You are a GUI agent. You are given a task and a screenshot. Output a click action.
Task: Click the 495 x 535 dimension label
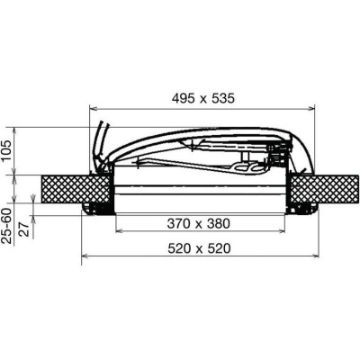click(203, 98)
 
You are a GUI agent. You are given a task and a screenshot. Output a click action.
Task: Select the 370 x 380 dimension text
click(199, 223)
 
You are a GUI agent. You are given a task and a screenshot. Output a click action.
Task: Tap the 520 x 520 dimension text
click(199, 248)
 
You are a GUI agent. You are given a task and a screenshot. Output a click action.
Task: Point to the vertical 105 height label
click(6, 151)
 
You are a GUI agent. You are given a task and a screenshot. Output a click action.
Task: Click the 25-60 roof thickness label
click(6, 226)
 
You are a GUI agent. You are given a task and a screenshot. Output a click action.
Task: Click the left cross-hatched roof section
click(76, 190)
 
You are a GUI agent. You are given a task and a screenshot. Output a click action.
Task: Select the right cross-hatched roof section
click(325, 190)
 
